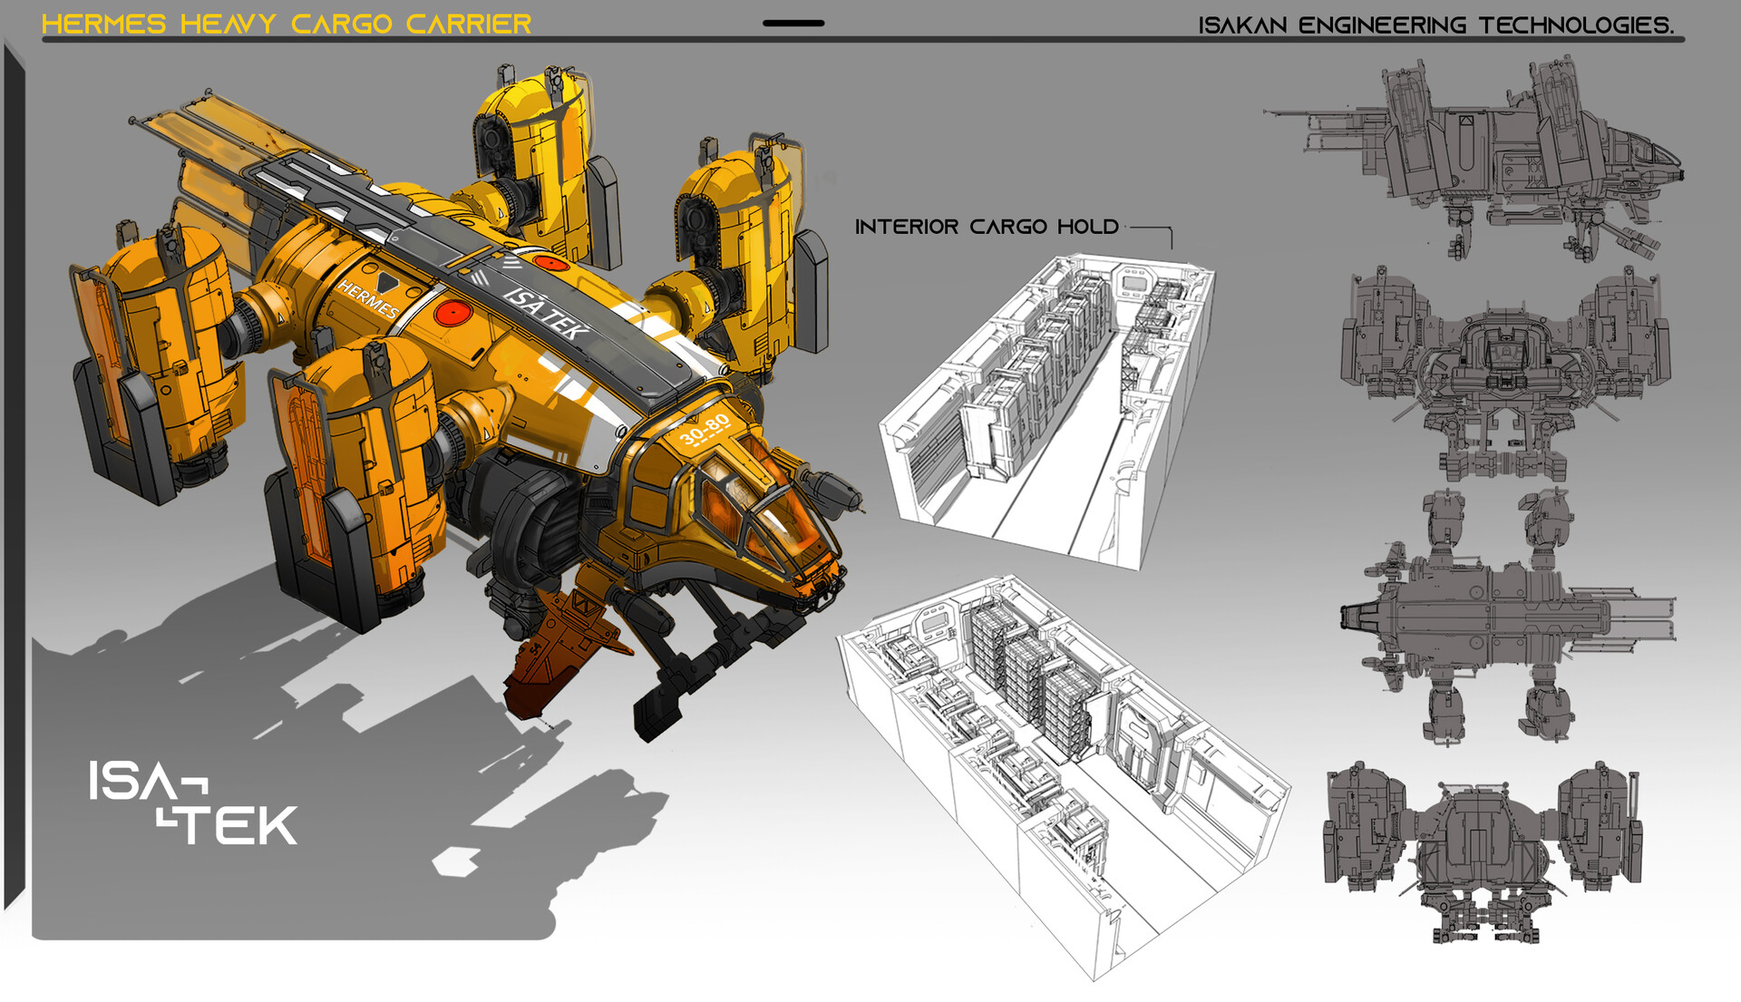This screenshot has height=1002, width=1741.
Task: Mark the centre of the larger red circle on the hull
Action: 452,313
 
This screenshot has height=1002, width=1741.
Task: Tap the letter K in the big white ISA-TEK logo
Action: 275,825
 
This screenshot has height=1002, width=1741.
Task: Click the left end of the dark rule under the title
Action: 43,39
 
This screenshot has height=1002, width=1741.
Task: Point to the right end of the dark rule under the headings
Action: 1684,39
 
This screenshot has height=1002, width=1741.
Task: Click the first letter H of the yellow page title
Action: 53,24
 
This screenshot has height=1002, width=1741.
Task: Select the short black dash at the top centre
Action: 793,24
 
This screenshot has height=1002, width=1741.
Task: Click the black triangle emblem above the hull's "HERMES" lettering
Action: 387,282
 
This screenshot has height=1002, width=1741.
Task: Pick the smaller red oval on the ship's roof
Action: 550,263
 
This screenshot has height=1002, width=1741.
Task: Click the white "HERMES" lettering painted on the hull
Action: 368,299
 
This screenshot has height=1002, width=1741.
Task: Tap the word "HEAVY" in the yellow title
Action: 229,24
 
